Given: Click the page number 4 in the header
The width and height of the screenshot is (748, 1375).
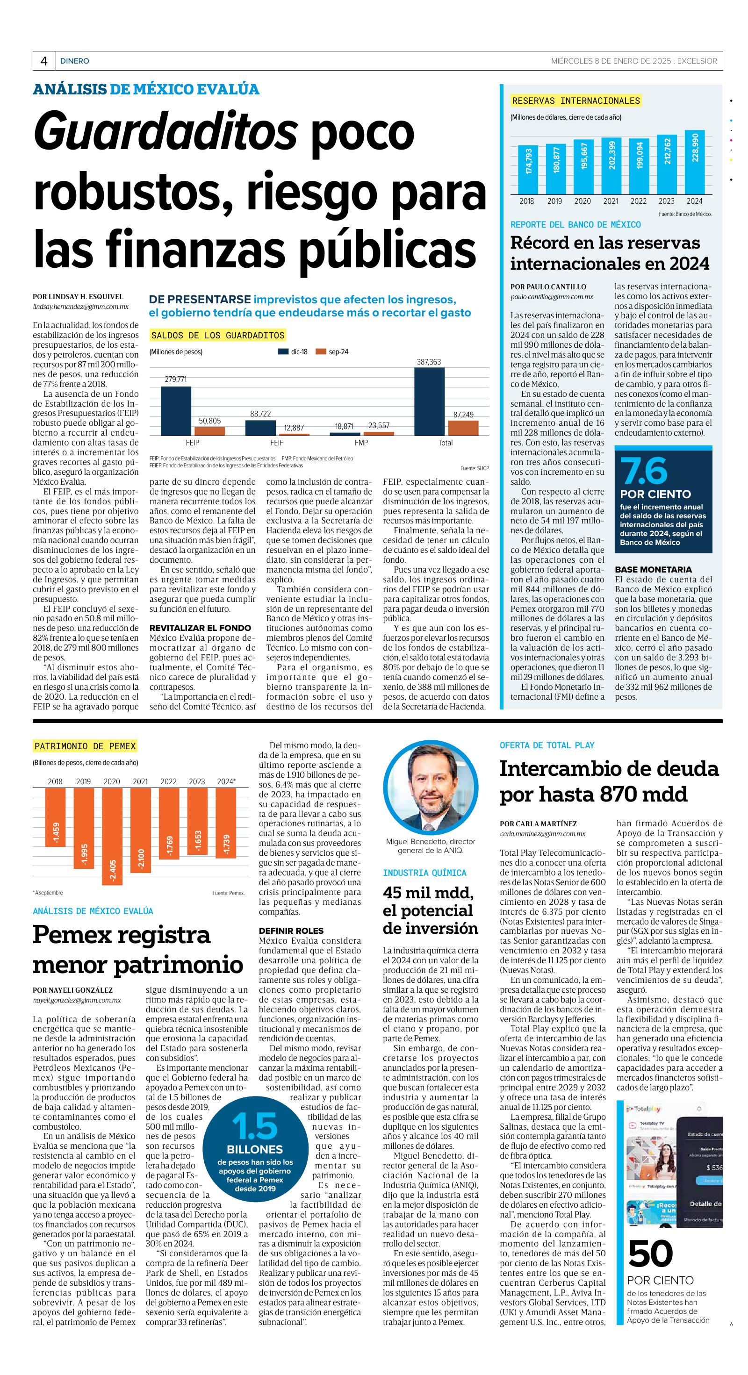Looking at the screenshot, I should click(44, 61).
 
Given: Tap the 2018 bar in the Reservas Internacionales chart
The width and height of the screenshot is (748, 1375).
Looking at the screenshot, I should click(527, 169).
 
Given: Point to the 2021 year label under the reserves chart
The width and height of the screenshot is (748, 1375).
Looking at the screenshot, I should click(610, 201).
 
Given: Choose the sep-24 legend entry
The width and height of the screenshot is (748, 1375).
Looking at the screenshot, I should click(332, 352).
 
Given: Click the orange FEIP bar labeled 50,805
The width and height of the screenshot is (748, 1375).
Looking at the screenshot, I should click(210, 431).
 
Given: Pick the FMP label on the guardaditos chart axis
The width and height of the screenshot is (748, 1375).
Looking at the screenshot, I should click(361, 443).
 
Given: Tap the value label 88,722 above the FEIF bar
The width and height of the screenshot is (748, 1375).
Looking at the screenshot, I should click(260, 414).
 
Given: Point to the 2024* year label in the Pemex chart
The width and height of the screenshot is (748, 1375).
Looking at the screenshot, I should click(226, 781).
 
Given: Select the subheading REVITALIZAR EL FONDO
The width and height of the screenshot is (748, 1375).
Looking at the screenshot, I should click(200, 628).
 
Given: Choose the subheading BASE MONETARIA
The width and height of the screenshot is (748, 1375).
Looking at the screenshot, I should click(653, 570).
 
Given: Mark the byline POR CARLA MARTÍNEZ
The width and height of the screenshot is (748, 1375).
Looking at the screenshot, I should click(538, 824).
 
